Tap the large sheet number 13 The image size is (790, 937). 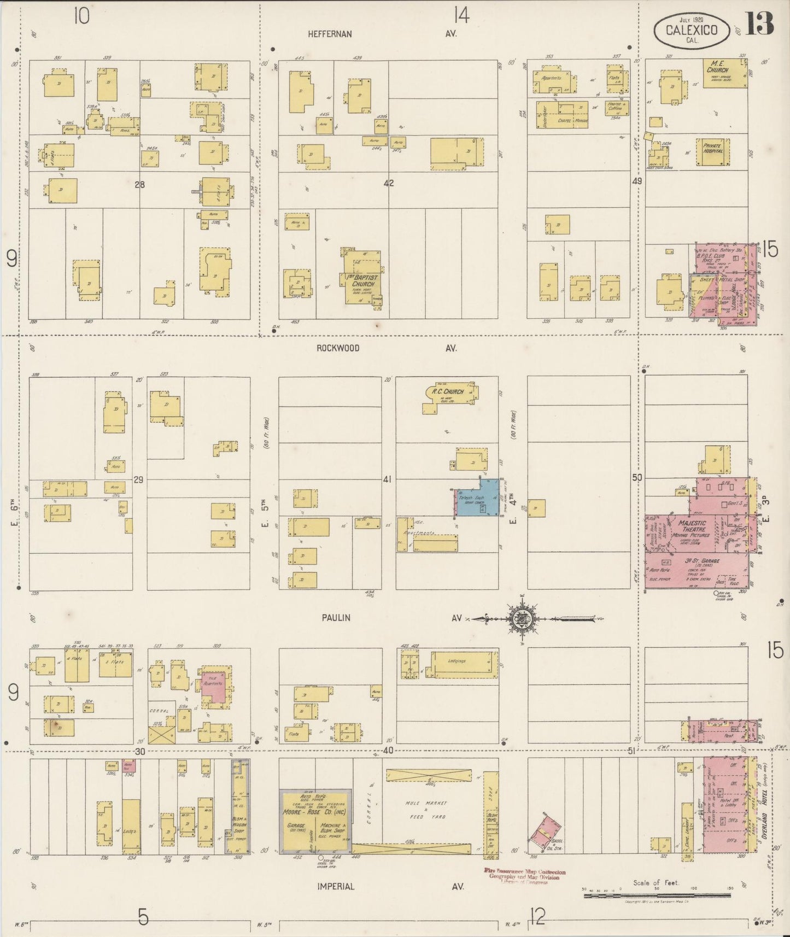pyautogui.click(x=760, y=24)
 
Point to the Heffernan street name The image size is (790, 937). pyautogui.click(x=330, y=34)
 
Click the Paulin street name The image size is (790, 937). pyautogui.click(x=336, y=618)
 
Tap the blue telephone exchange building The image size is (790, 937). pyautogui.click(x=477, y=499)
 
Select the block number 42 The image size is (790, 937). pyautogui.click(x=389, y=184)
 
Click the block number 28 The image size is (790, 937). pyautogui.click(x=140, y=185)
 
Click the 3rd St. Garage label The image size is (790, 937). pyautogui.click(x=702, y=561)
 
